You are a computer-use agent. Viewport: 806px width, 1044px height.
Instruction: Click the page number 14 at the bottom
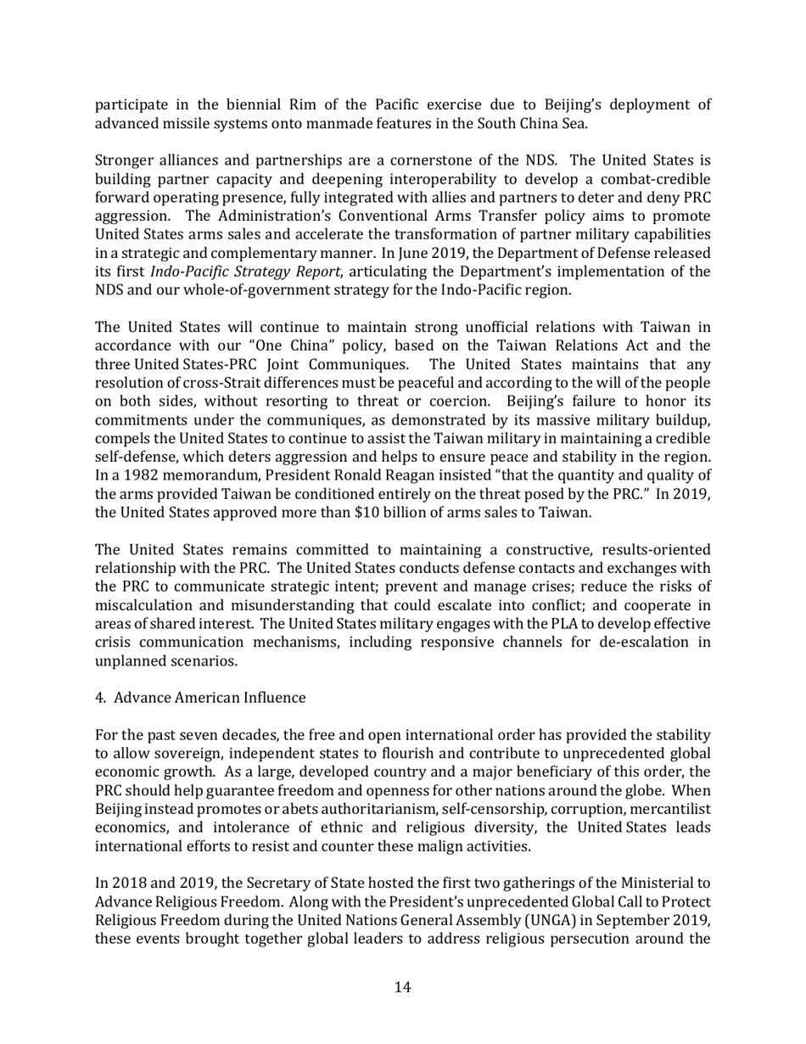pyautogui.click(x=403, y=986)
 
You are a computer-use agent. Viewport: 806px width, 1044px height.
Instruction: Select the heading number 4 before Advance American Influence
pyautogui.click(x=99, y=698)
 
